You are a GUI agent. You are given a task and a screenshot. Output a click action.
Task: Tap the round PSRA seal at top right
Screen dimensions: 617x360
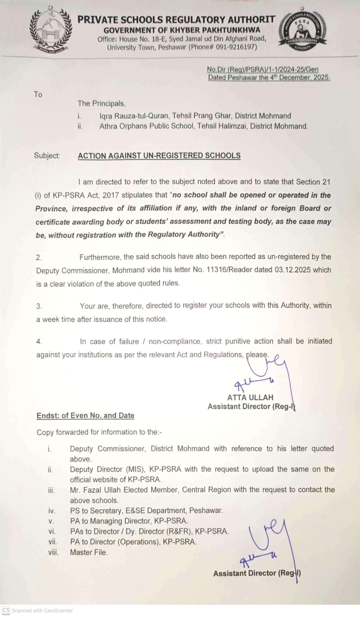[x=303, y=31]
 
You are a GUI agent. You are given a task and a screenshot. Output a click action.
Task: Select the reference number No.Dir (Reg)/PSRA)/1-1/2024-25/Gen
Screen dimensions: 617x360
[x=262, y=69]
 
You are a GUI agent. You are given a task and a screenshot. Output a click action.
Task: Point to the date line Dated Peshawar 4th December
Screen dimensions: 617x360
[x=269, y=78]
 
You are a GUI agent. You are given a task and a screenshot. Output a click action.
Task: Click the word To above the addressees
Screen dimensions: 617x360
[x=38, y=95]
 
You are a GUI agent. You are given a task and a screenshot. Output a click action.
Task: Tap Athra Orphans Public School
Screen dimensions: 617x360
[x=147, y=126]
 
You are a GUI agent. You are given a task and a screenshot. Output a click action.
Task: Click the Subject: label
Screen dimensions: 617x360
[x=47, y=156]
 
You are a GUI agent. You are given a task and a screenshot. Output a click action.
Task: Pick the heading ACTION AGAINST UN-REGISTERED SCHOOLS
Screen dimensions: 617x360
[x=159, y=156]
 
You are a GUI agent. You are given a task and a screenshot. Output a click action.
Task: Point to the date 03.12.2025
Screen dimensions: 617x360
[x=292, y=270]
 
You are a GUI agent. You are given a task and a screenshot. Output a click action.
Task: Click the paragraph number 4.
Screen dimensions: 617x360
[x=39, y=341]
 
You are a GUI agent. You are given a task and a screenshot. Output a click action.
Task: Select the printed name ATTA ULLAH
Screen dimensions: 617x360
[x=250, y=397]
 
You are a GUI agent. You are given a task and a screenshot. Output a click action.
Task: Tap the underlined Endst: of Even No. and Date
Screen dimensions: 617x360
[x=85, y=416]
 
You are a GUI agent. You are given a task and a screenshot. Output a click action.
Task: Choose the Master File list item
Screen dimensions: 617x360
[x=89, y=552]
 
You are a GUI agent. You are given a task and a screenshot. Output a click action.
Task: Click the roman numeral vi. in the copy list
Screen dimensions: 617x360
[x=52, y=531]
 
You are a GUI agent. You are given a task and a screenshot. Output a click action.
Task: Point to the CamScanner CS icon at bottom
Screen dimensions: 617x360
[x=6, y=610]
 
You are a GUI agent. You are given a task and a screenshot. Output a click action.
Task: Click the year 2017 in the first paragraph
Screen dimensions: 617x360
[x=111, y=195]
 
